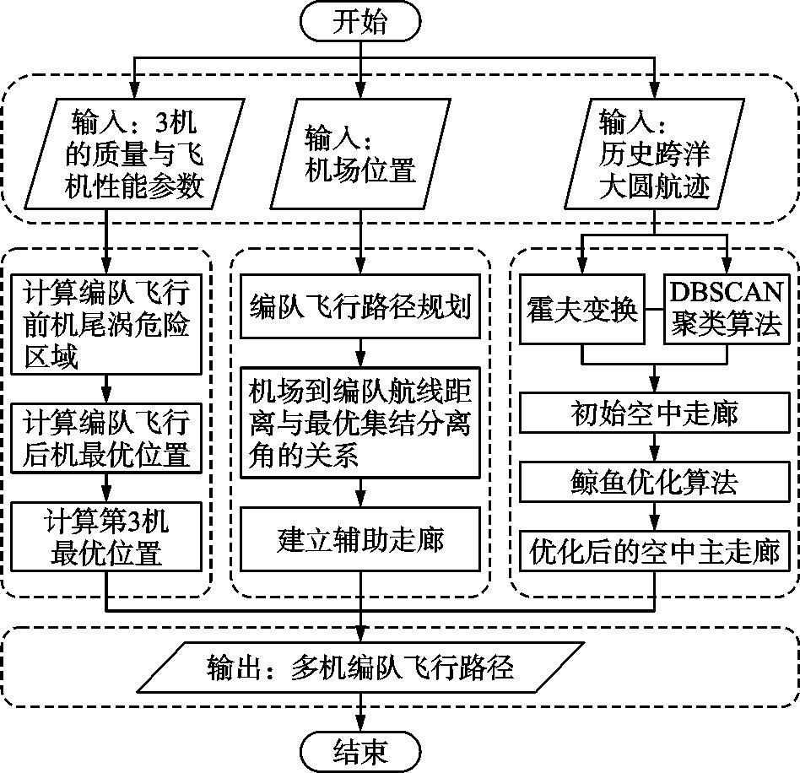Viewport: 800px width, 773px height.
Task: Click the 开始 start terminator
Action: pyautogui.click(x=360, y=23)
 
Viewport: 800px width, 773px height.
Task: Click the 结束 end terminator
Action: pyautogui.click(x=360, y=749)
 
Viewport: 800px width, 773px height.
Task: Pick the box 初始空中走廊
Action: pyautogui.click(x=654, y=414)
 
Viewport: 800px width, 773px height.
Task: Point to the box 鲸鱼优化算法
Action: pyautogui.click(x=654, y=482)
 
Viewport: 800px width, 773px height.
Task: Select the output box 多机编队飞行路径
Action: pyautogui.click(x=360, y=669)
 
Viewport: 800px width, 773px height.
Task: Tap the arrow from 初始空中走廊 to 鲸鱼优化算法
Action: pyautogui.click(x=654, y=448)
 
